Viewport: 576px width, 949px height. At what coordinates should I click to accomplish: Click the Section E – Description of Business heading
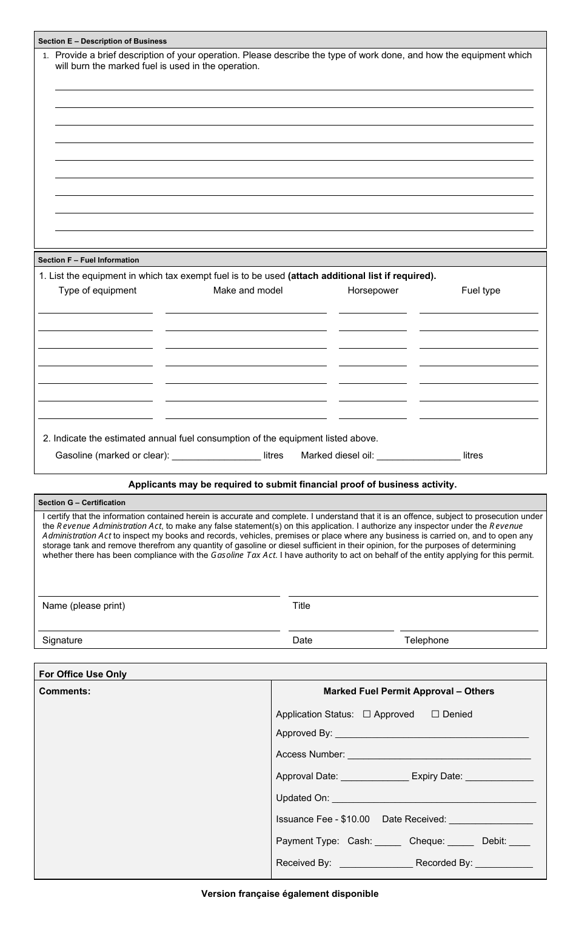point(102,41)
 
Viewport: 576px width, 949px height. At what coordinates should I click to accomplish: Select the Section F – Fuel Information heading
point(89,260)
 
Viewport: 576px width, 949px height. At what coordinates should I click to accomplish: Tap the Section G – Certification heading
point(82,503)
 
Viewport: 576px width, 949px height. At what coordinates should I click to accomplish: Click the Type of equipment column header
point(97,290)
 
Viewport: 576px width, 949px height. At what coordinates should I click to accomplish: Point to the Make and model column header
point(247,290)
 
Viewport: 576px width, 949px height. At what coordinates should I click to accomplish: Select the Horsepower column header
point(373,290)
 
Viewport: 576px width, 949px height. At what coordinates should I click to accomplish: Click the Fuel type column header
point(480,290)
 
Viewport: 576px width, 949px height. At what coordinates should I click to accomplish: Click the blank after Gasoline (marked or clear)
point(216,456)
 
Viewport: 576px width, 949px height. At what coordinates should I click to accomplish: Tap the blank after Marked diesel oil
point(418,456)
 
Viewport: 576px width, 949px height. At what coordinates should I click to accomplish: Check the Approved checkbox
point(367,714)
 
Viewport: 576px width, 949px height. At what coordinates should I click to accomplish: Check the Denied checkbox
point(435,714)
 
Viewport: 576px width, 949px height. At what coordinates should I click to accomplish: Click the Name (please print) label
point(84,606)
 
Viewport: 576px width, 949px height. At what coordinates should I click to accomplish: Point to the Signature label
point(62,640)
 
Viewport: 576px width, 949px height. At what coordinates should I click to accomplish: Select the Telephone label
point(426,640)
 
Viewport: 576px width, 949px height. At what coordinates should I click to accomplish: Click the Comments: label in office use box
point(64,691)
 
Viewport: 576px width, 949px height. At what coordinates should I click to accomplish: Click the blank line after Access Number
point(439,756)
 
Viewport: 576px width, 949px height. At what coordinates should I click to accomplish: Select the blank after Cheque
point(461,842)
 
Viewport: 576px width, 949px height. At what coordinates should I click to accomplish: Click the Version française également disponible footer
point(290,894)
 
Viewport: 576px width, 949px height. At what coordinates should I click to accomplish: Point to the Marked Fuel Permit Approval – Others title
point(409,691)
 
